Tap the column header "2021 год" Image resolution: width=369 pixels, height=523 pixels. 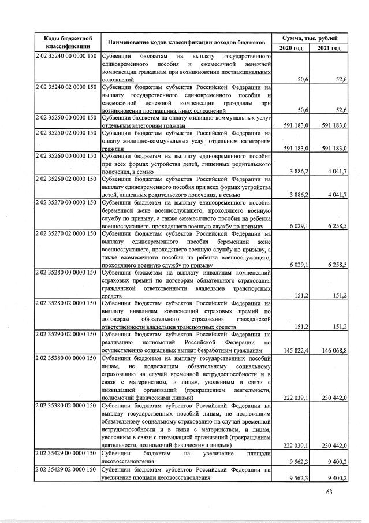329,47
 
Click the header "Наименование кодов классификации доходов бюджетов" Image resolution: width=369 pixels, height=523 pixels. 183,42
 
